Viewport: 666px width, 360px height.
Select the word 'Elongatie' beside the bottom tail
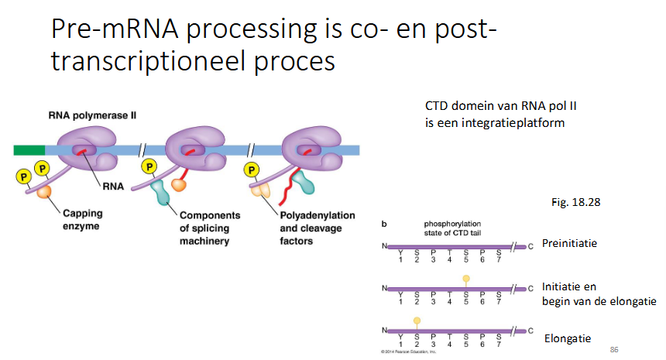568,338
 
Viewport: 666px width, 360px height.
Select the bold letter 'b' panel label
385,224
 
